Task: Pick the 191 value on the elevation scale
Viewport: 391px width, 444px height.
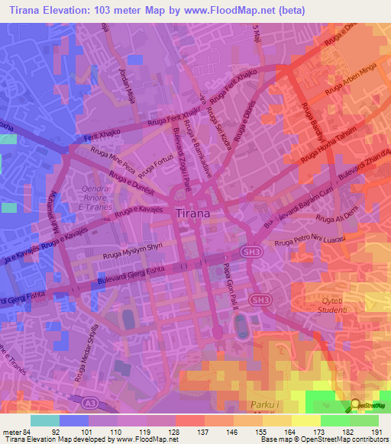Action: (x=376, y=433)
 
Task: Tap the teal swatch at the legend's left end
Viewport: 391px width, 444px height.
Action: (x=45, y=420)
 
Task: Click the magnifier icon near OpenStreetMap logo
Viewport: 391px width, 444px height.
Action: (x=356, y=404)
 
